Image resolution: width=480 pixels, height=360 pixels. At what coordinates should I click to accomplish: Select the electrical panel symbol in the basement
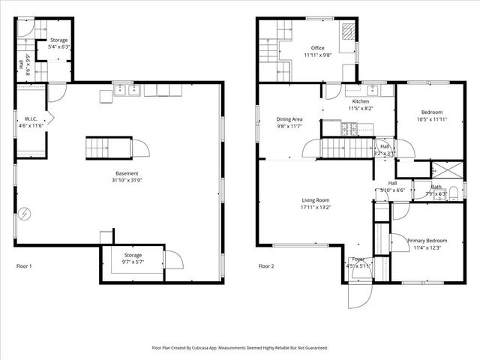coord(25,214)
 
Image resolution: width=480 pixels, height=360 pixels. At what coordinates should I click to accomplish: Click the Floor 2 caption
coord(268,265)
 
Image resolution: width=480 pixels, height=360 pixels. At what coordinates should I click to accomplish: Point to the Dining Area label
coord(289,119)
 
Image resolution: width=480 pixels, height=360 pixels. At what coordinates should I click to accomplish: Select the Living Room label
coord(316,200)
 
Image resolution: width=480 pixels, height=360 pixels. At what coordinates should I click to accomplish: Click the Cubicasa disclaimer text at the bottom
coord(240,348)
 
